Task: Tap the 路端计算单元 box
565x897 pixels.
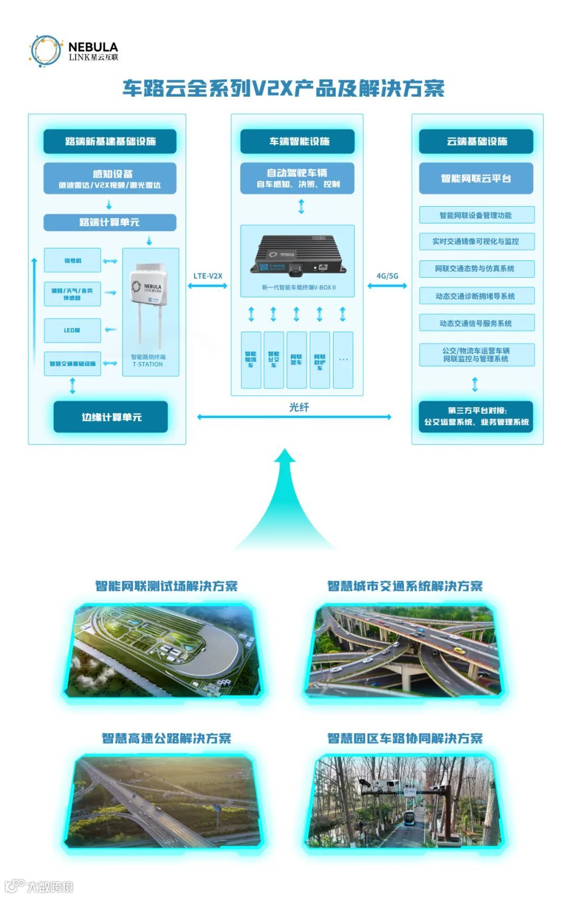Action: point(109,222)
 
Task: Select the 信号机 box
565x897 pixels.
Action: point(72,260)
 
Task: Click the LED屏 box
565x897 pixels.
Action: point(72,330)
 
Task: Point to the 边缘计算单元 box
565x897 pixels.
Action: point(110,417)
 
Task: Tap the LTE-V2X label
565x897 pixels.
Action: point(208,276)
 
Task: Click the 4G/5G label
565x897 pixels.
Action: point(387,276)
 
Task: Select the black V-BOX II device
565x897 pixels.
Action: point(297,256)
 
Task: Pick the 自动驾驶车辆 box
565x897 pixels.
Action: point(297,178)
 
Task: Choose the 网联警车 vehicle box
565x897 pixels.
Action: point(296,360)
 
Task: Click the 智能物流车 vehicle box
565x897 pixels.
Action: point(251,360)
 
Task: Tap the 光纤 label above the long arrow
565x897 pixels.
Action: point(299,407)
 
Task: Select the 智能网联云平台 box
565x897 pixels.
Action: point(476,178)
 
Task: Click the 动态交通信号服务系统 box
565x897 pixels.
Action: point(476,323)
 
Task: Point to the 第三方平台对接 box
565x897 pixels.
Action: point(476,416)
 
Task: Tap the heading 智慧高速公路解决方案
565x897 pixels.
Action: point(166,738)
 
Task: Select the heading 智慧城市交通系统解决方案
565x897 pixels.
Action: point(405,586)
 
